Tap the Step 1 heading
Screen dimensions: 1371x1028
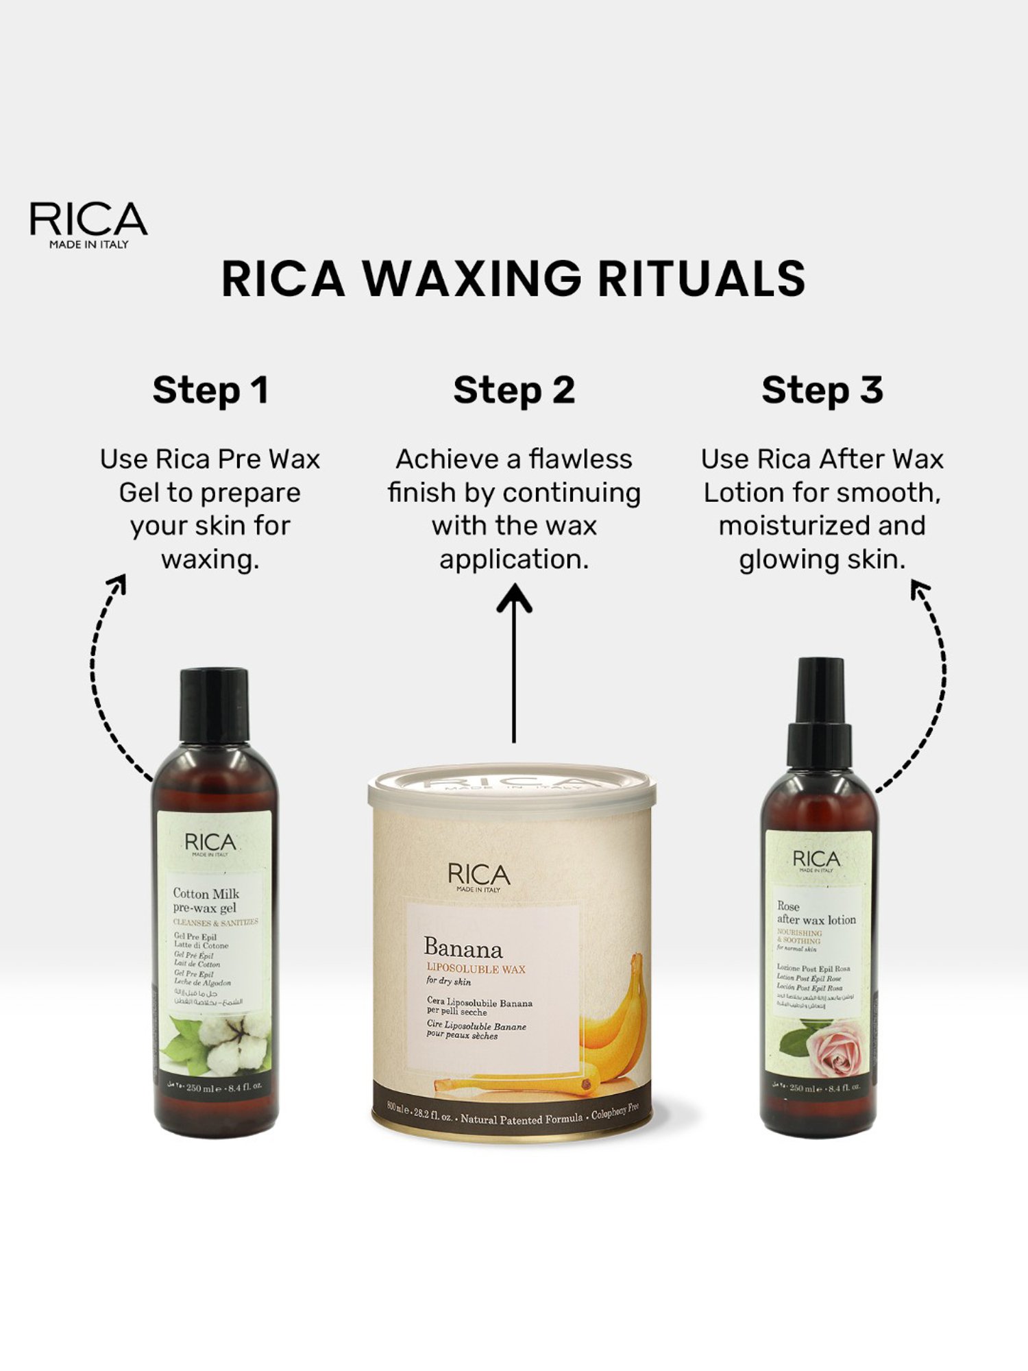[210, 390]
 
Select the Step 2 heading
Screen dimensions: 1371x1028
[514, 390]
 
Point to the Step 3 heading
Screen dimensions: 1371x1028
[822, 390]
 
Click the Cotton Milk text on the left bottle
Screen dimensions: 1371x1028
[206, 893]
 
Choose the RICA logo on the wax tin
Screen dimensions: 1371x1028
[479, 875]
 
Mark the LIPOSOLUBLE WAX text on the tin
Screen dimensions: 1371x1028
[476, 969]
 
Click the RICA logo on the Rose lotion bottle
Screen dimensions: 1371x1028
[816, 860]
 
